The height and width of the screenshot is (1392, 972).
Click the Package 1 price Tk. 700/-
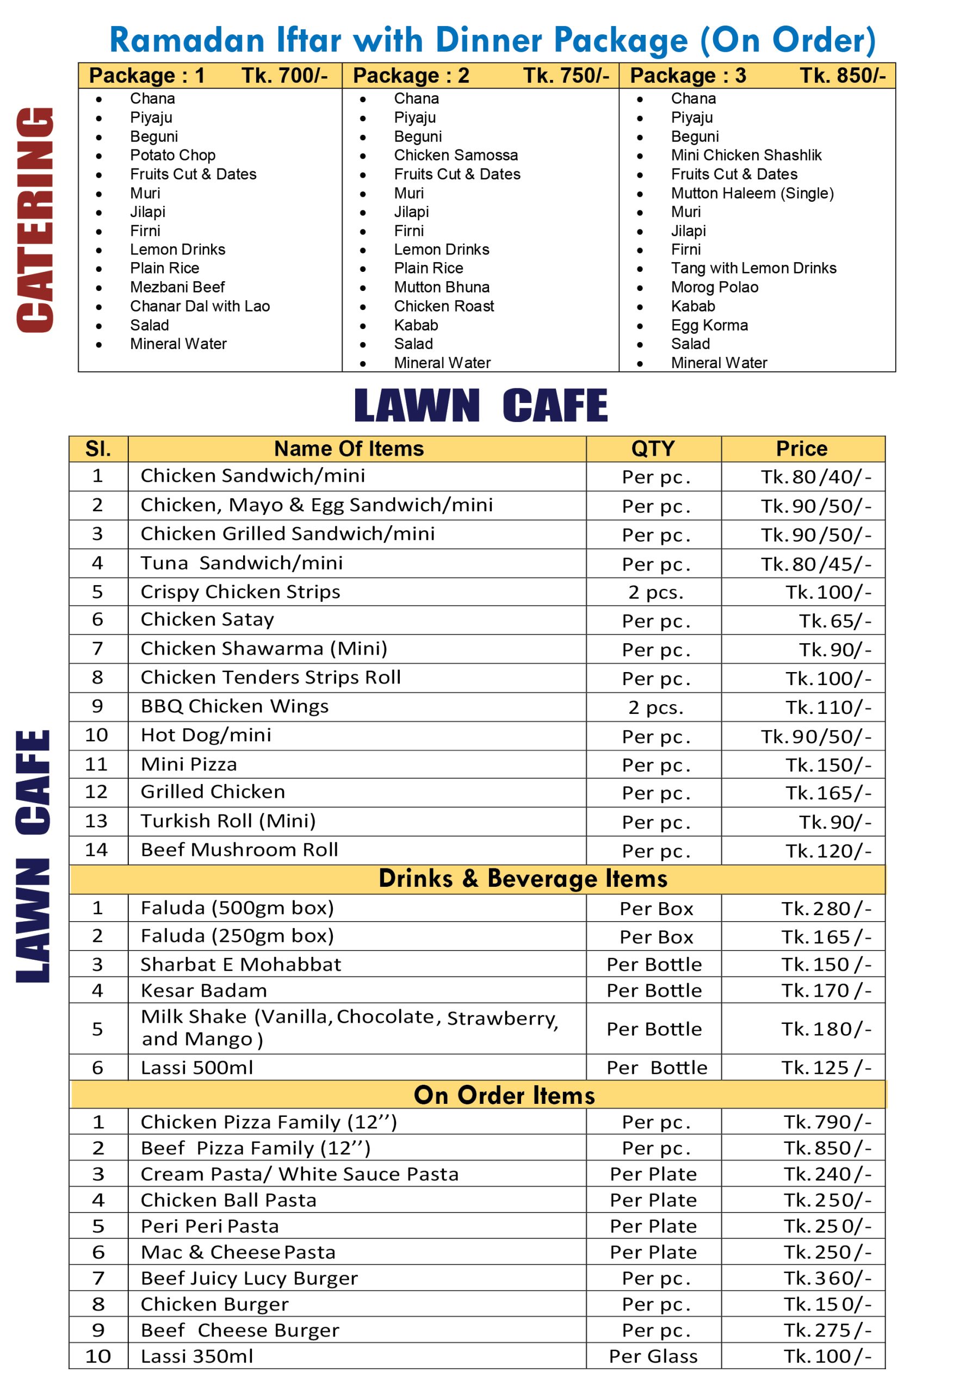click(x=284, y=76)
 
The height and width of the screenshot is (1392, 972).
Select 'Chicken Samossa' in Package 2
click(x=455, y=155)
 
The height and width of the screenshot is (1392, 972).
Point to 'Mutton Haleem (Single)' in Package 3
click(x=752, y=193)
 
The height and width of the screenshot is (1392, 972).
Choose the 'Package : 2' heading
click(x=411, y=76)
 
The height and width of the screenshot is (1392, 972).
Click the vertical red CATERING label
click(x=35, y=220)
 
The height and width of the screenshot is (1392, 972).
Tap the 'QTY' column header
click(x=653, y=449)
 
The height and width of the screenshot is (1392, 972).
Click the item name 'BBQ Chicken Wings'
click(x=234, y=706)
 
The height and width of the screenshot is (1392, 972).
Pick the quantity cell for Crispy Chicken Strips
click(x=655, y=592)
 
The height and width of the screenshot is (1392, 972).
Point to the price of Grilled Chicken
click(x=828, y=793)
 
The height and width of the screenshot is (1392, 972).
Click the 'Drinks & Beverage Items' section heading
click(x=523, y=879)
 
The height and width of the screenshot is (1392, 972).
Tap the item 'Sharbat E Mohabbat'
click(x=241, y=965)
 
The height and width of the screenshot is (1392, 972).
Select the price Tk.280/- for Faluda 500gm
click(x=825, y=909)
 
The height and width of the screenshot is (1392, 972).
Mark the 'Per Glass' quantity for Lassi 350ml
click(x=653, y=1356)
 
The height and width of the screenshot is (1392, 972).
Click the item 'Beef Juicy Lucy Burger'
click(x=249, y=1278)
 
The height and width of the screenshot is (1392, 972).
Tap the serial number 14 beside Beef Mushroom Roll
click(x=96, y=850)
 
